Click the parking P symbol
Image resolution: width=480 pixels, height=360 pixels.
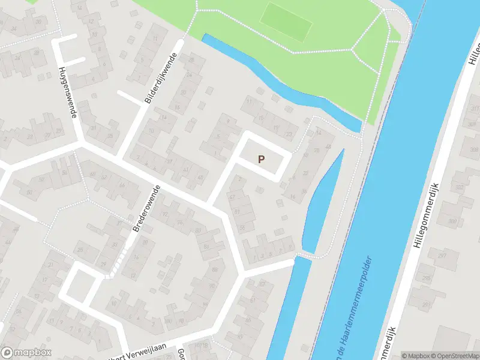(x=261, y=159)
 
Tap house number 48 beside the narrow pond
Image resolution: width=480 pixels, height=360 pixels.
(x=328, y=146)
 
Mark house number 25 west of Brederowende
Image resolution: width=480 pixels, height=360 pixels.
(x=79, y=249)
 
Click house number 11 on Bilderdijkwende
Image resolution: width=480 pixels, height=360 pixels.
(x=154, y=40)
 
